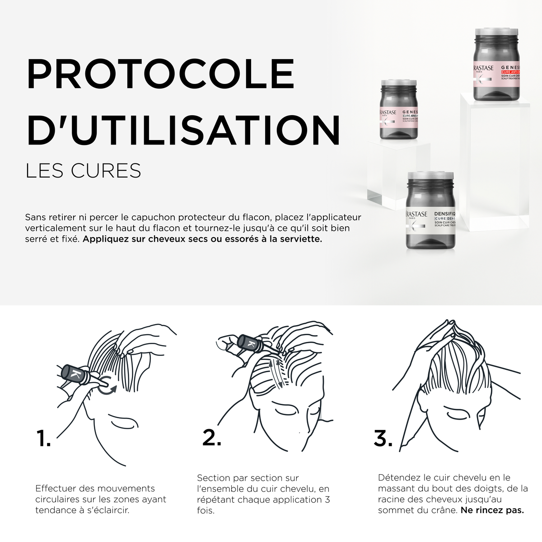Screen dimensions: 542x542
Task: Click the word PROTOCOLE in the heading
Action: tap(160, 74)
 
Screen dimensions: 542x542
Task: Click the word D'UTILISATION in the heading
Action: tap(183, 131)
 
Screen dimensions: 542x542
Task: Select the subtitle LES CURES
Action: tap(84, 171)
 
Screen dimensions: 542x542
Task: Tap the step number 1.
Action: tap(43, 438)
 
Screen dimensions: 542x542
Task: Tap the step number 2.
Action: tap(211, 437)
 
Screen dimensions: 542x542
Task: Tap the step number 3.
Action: tap(383, 438)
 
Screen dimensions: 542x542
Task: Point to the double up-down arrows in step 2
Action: tap(276, 373)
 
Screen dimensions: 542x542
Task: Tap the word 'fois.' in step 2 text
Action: tap(206, 511)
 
